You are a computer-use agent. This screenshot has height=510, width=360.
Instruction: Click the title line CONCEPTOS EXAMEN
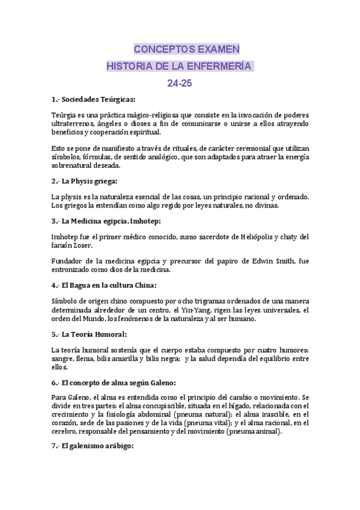click(186, 49)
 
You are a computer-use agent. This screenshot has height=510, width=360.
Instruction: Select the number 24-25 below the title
click(180, 84)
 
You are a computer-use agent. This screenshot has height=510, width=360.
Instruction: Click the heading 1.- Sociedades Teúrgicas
click(94, 99)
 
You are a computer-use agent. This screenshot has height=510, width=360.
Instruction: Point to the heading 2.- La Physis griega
click(84, 181)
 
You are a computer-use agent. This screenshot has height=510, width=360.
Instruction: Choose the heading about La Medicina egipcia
click(106, 222)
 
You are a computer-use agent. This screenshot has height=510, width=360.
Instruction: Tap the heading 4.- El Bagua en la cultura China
click(104, 286)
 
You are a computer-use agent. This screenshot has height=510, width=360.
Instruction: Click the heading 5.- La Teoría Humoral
click(90, 334)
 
